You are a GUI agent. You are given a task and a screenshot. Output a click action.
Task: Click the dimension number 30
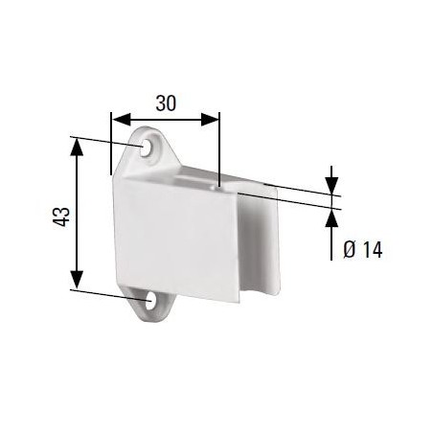[x=165, y=103]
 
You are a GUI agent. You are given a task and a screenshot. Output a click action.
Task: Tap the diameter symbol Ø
[x=350, y=250]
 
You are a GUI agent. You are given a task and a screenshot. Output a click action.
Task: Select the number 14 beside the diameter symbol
[x=372, y=250]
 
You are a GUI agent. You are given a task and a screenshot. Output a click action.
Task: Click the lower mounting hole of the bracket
[x=151, y=302]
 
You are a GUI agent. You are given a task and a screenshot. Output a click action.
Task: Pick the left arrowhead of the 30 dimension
[x=116, y=119]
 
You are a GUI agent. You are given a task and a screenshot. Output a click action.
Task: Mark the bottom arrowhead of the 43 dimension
[x=76, y=284]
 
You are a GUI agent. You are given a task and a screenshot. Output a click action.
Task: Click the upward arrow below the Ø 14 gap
[x=330, y=218]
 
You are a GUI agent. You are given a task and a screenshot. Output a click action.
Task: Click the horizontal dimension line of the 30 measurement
[x=165, y=119]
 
